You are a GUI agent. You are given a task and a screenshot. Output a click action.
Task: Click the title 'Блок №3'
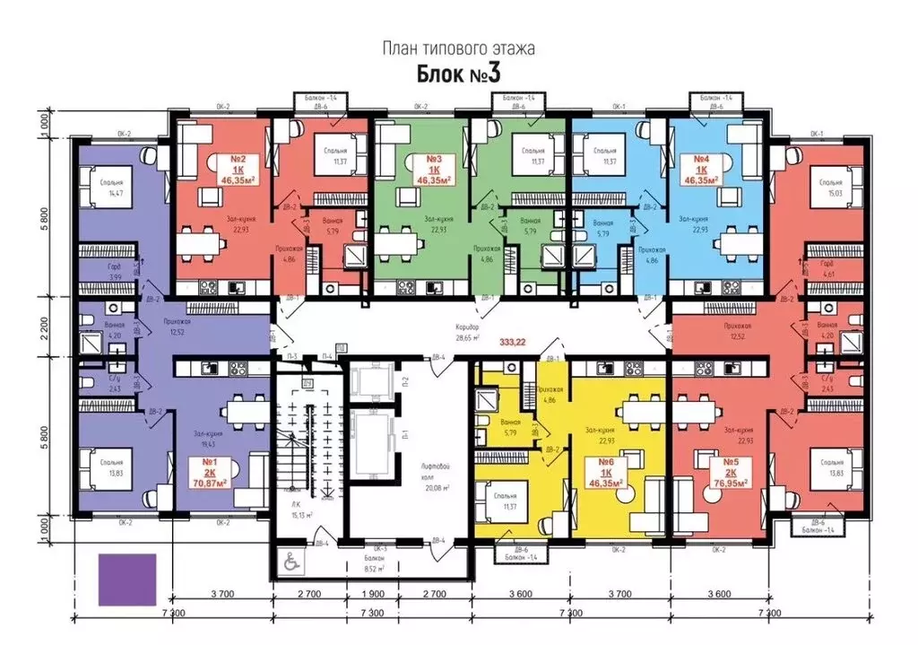[459, 74]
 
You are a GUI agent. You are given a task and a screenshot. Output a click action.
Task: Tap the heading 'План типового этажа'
[459, 49]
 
